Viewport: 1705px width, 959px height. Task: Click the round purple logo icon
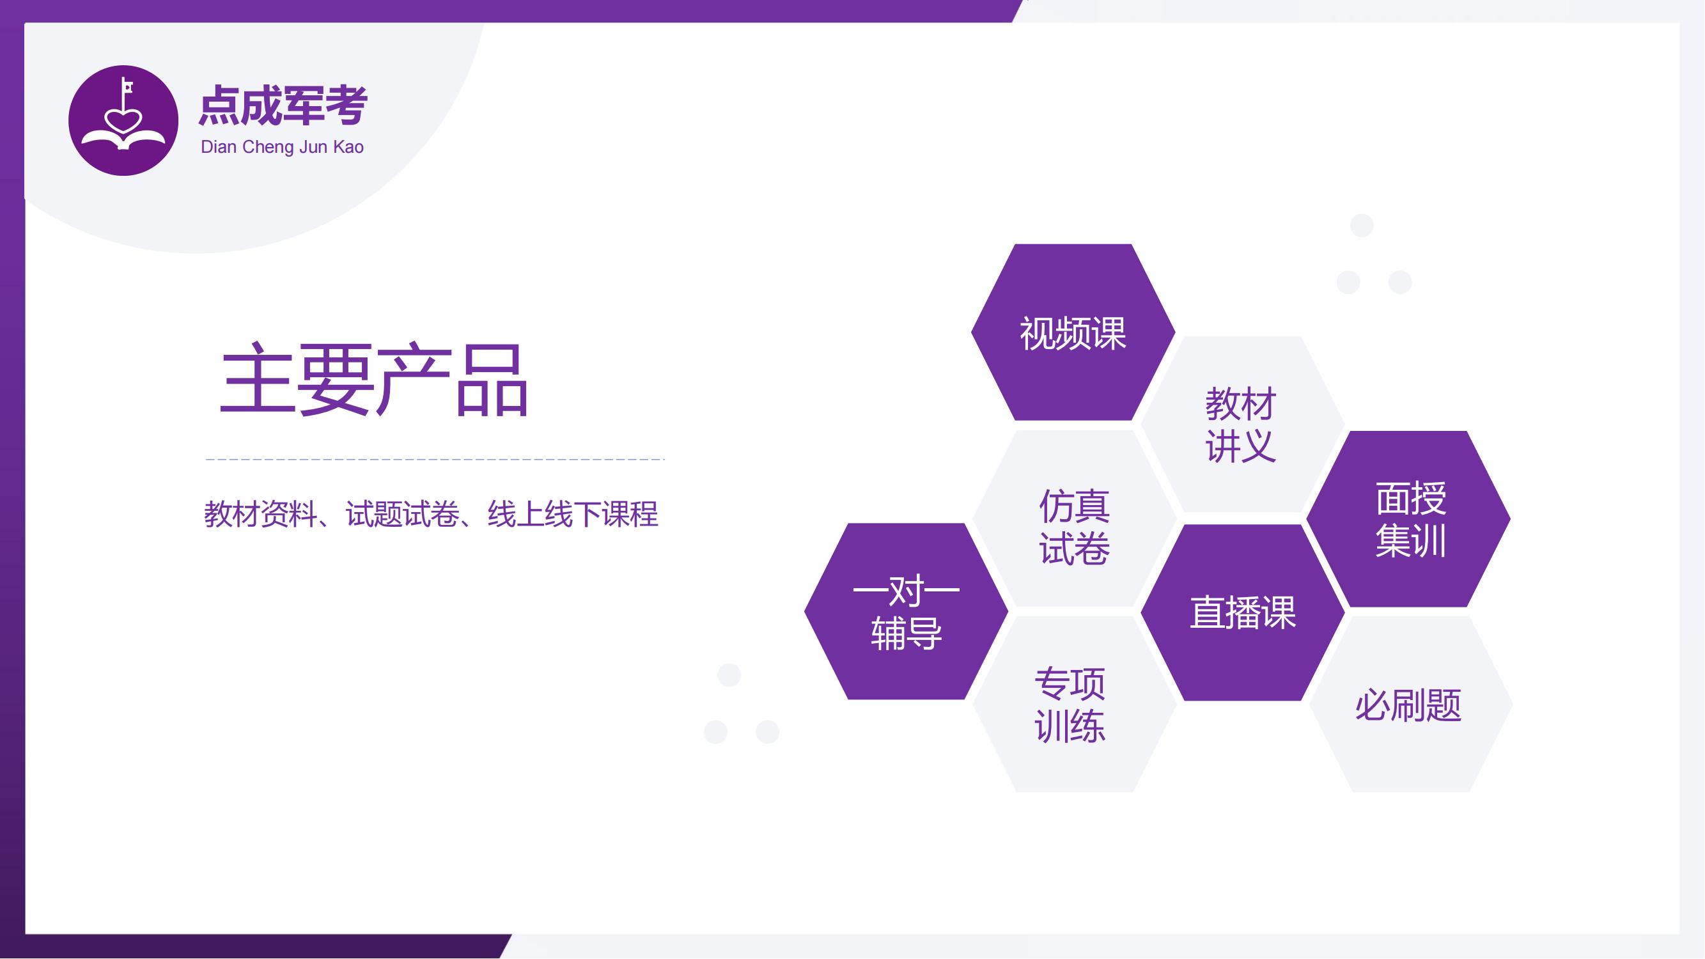tap(123, 120)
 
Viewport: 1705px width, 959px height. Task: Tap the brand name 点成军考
tap(283, 106)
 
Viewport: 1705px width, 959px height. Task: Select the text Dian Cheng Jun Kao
tap(282, 147)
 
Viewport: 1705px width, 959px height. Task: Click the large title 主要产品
tap(374, 380)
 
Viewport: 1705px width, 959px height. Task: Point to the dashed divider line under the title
tap(435, 458)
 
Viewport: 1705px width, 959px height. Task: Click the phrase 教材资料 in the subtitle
tap(261, 514)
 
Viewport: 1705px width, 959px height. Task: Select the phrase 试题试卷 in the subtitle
tap(402, 514)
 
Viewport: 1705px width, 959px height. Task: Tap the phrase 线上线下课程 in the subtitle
tap(573, 514)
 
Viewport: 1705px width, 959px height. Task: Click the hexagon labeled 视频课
tap(1073, 332)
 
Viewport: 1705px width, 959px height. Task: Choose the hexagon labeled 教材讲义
tap(1241, 425)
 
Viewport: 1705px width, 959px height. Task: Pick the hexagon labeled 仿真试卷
tap(1073, 518)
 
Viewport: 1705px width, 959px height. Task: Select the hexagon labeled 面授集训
tap(1408, 519)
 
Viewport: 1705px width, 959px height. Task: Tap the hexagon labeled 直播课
tap(1242, 612)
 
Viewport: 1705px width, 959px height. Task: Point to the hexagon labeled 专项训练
tap(1073, 704)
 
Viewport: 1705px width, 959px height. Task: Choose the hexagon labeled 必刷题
tap(1410, 704)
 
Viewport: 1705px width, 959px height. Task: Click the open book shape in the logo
tap(123, 138)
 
